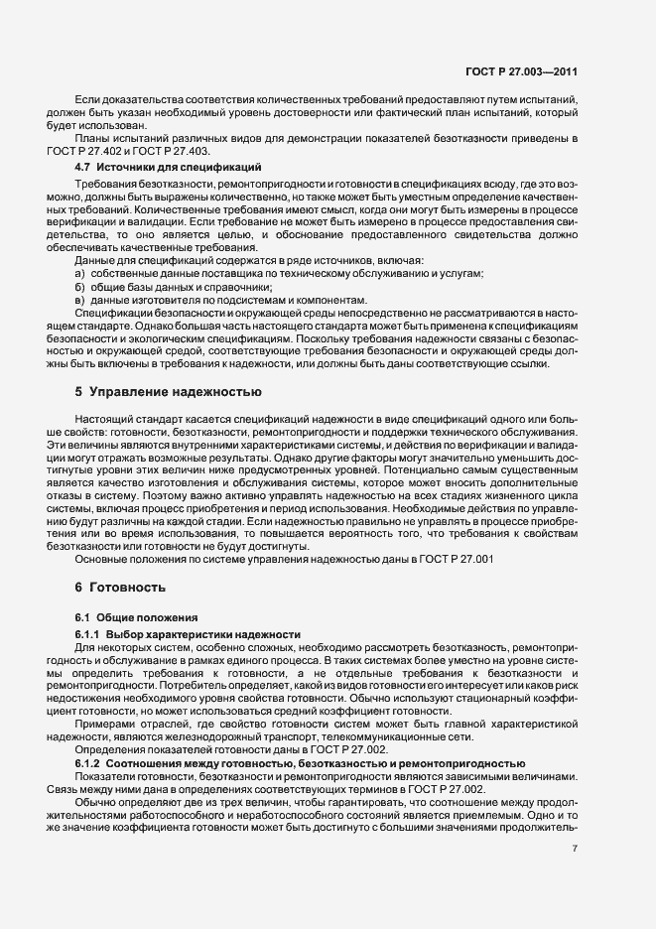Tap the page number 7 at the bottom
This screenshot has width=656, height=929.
coord(575,849)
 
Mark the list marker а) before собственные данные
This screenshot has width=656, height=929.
coord(80,273)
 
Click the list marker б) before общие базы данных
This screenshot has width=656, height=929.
coord(80,286)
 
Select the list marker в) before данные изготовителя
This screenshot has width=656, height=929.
coord(80,300)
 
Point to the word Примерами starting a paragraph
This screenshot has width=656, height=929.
coord(103,724)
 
